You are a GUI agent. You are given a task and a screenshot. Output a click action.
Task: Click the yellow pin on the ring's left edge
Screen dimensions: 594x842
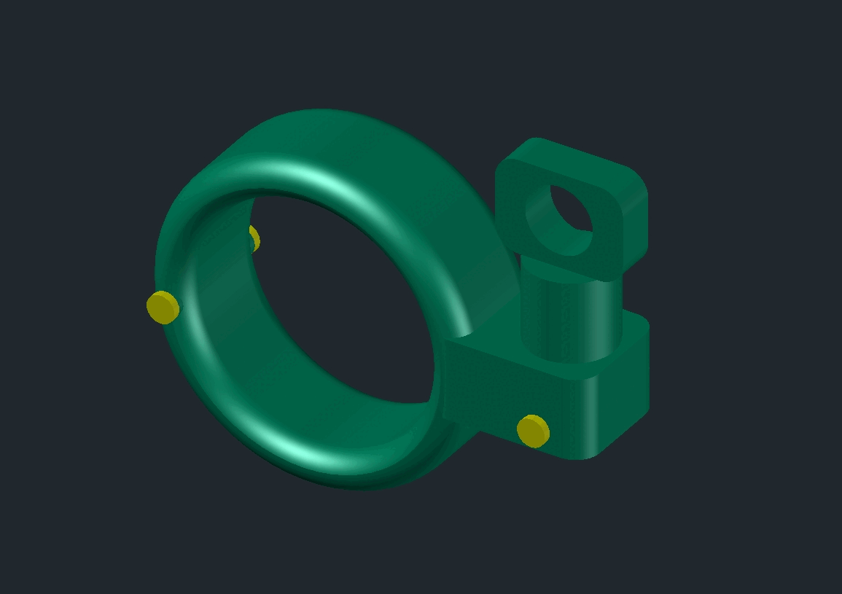click(163, 307)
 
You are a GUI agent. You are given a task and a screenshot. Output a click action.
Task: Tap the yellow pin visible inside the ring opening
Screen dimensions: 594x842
click(254, 238)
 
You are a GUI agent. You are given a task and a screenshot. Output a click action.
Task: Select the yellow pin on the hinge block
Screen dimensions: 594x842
click(533, 430)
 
